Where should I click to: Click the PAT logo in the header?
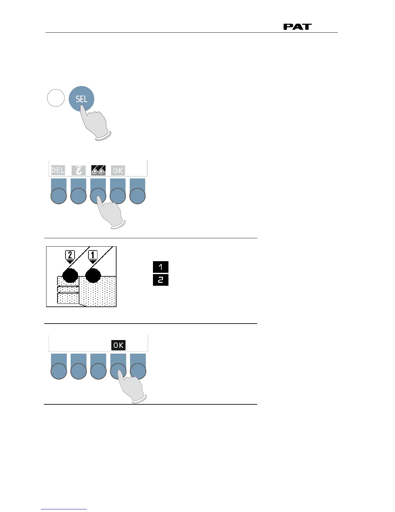point(297,27)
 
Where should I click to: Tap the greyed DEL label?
point(58,170)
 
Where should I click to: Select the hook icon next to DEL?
point(78,170)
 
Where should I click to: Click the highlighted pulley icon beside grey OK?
point(98,170)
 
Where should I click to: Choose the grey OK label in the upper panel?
point(118,170)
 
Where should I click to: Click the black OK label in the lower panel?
point(118,345)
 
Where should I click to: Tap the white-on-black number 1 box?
point(161,267)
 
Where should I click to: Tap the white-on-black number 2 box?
point(161,280)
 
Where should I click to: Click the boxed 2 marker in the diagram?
point(70,255)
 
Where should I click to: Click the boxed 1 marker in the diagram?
point(93,255)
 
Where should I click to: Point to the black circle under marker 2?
point(70,275)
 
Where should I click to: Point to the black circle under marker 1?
point(93,275)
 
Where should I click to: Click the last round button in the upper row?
point(137,196)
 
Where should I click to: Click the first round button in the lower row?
point(59,371)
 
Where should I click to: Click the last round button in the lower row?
point(138,371)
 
